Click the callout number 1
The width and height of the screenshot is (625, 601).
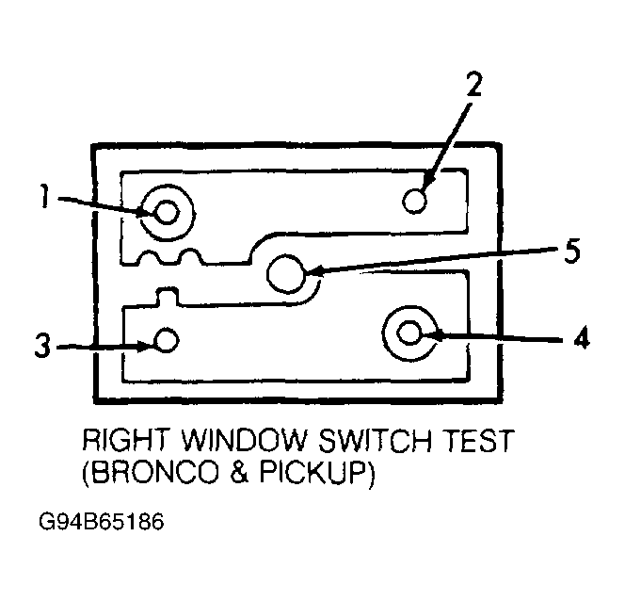click(x=44, y=196)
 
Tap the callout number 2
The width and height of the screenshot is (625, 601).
click(x=473, y=84)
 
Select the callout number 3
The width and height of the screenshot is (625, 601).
click(x=42, y=346)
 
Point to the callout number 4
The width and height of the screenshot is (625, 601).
click(x=582, y=337)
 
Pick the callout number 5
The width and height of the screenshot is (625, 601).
click(x=572, y=251)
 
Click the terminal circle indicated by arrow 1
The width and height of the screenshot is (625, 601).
click(x=167, y=212)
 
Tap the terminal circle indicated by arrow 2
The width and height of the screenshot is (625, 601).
click(x=414, y=201)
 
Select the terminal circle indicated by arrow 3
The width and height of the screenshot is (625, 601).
click(x=167, y=340)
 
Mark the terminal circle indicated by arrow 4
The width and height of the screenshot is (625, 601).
click(x=409, y=333)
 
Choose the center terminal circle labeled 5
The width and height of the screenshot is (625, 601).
click(x=286, y=274)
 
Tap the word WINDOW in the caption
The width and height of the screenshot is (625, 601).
click(x=246, y=441)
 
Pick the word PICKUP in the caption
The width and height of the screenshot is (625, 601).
click(x=312, y=474)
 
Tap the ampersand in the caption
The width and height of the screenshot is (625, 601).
click(x=240, y=474)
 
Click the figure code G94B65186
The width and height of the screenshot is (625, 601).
click(x=102, y=523)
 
